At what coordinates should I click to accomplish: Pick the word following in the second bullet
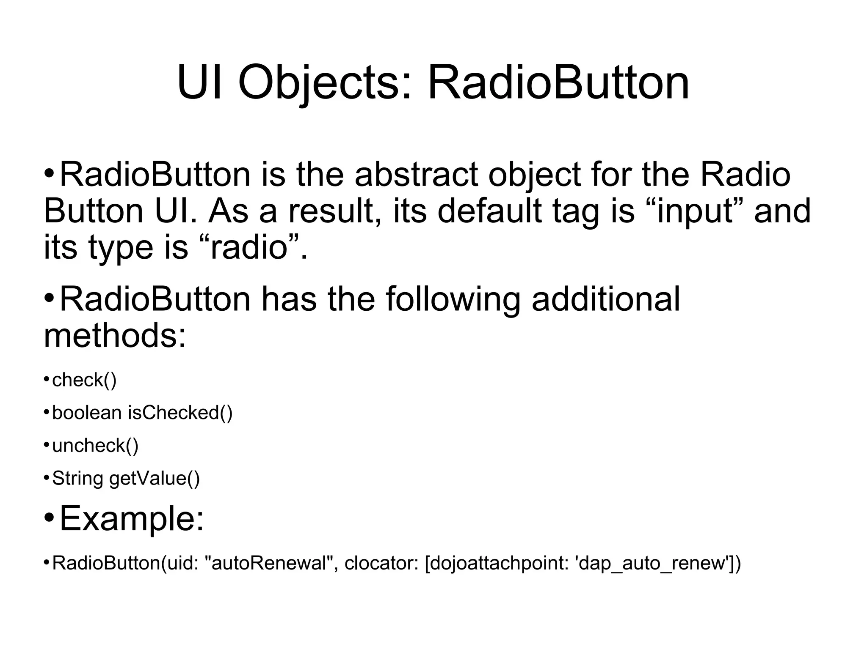[453, 299]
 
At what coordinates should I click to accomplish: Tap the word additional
[605, 299]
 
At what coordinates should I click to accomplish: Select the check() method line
[84, 380]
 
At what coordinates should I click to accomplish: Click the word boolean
[86, 413]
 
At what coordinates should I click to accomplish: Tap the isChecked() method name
[180, 413]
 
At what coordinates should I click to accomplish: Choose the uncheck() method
[95, 446]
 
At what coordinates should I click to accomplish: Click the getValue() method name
[154, 479]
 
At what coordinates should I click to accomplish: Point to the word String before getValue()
[77, 479]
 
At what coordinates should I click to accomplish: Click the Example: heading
[132, 519]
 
